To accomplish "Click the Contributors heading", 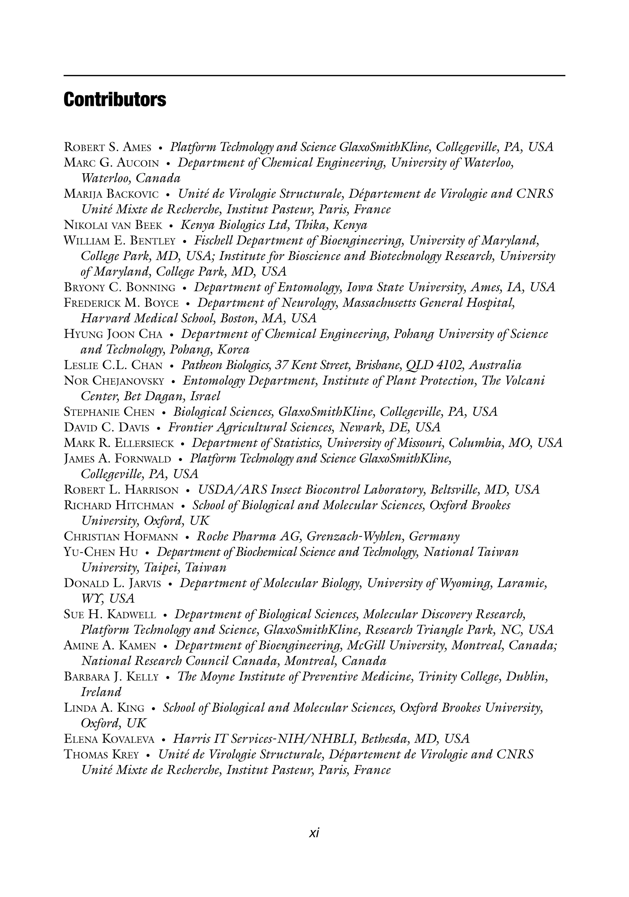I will click(115, 100).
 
